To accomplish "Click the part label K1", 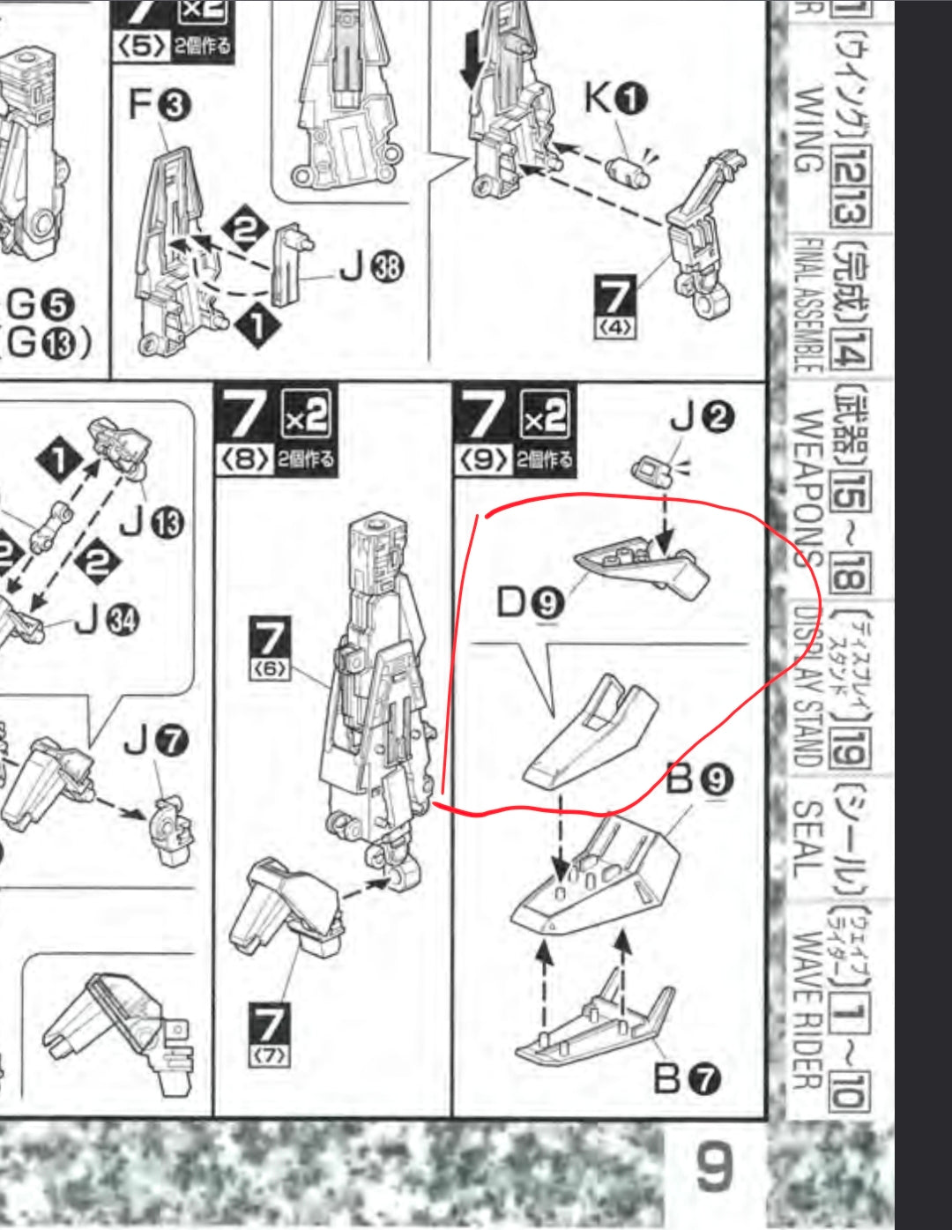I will tap(615, 99).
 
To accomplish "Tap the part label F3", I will tap(160, 106).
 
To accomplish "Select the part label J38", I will tap(371, 269).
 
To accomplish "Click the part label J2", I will tap(702, 416).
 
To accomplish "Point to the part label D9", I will tap(530, 603).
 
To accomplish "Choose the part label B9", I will tap(699, 779).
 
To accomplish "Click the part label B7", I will tap(687, 1078).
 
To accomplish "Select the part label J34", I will tap(107, 621).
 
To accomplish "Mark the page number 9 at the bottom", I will tap(713, 1168).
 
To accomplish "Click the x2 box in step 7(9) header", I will tap(546, 414).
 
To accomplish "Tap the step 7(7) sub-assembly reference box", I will tap(269, 1034).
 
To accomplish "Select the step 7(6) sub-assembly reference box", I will tap(270, 649).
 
